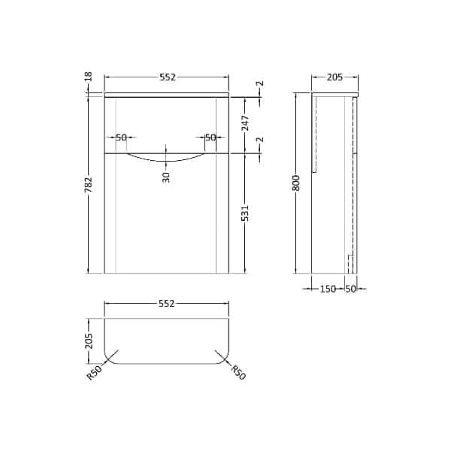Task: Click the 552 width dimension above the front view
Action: [x=168, y=77]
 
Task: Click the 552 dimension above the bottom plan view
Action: [x=167, y=303]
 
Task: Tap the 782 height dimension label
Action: [x=89, y=184]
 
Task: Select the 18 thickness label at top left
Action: [x=89, y=76]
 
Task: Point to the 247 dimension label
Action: [x=245, y=123]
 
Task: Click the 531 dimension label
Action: [x=245, y=213]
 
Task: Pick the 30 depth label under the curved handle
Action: [x=166, y=177]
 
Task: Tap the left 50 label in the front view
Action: [x=121, y=138]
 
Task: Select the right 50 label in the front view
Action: [x=210, y=138]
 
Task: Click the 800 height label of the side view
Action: [x=296, y=183]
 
